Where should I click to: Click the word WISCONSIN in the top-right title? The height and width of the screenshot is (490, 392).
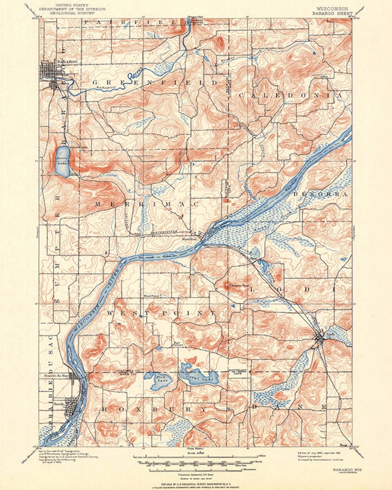click(332, 8)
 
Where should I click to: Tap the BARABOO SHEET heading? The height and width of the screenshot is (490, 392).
click(332, 13)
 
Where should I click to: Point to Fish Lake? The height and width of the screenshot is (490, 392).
click(159, 380)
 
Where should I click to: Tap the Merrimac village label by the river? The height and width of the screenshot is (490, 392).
click(191, 239)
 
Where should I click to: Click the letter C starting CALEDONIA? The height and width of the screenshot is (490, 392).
click(242, 94)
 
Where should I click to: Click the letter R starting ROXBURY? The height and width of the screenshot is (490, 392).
click(105, 409)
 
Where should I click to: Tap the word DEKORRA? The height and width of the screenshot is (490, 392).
click(320, 194)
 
